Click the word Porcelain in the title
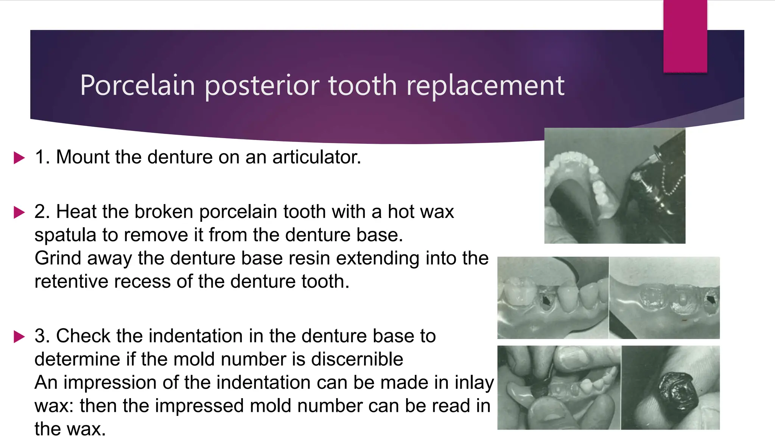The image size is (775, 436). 137,86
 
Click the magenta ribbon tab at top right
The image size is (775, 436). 685,36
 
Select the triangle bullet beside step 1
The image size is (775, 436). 19,157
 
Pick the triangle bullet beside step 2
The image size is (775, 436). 19,212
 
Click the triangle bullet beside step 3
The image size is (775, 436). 19,336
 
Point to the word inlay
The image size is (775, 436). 474,383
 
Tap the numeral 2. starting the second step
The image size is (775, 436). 42,212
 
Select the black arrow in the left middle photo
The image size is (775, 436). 546,301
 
